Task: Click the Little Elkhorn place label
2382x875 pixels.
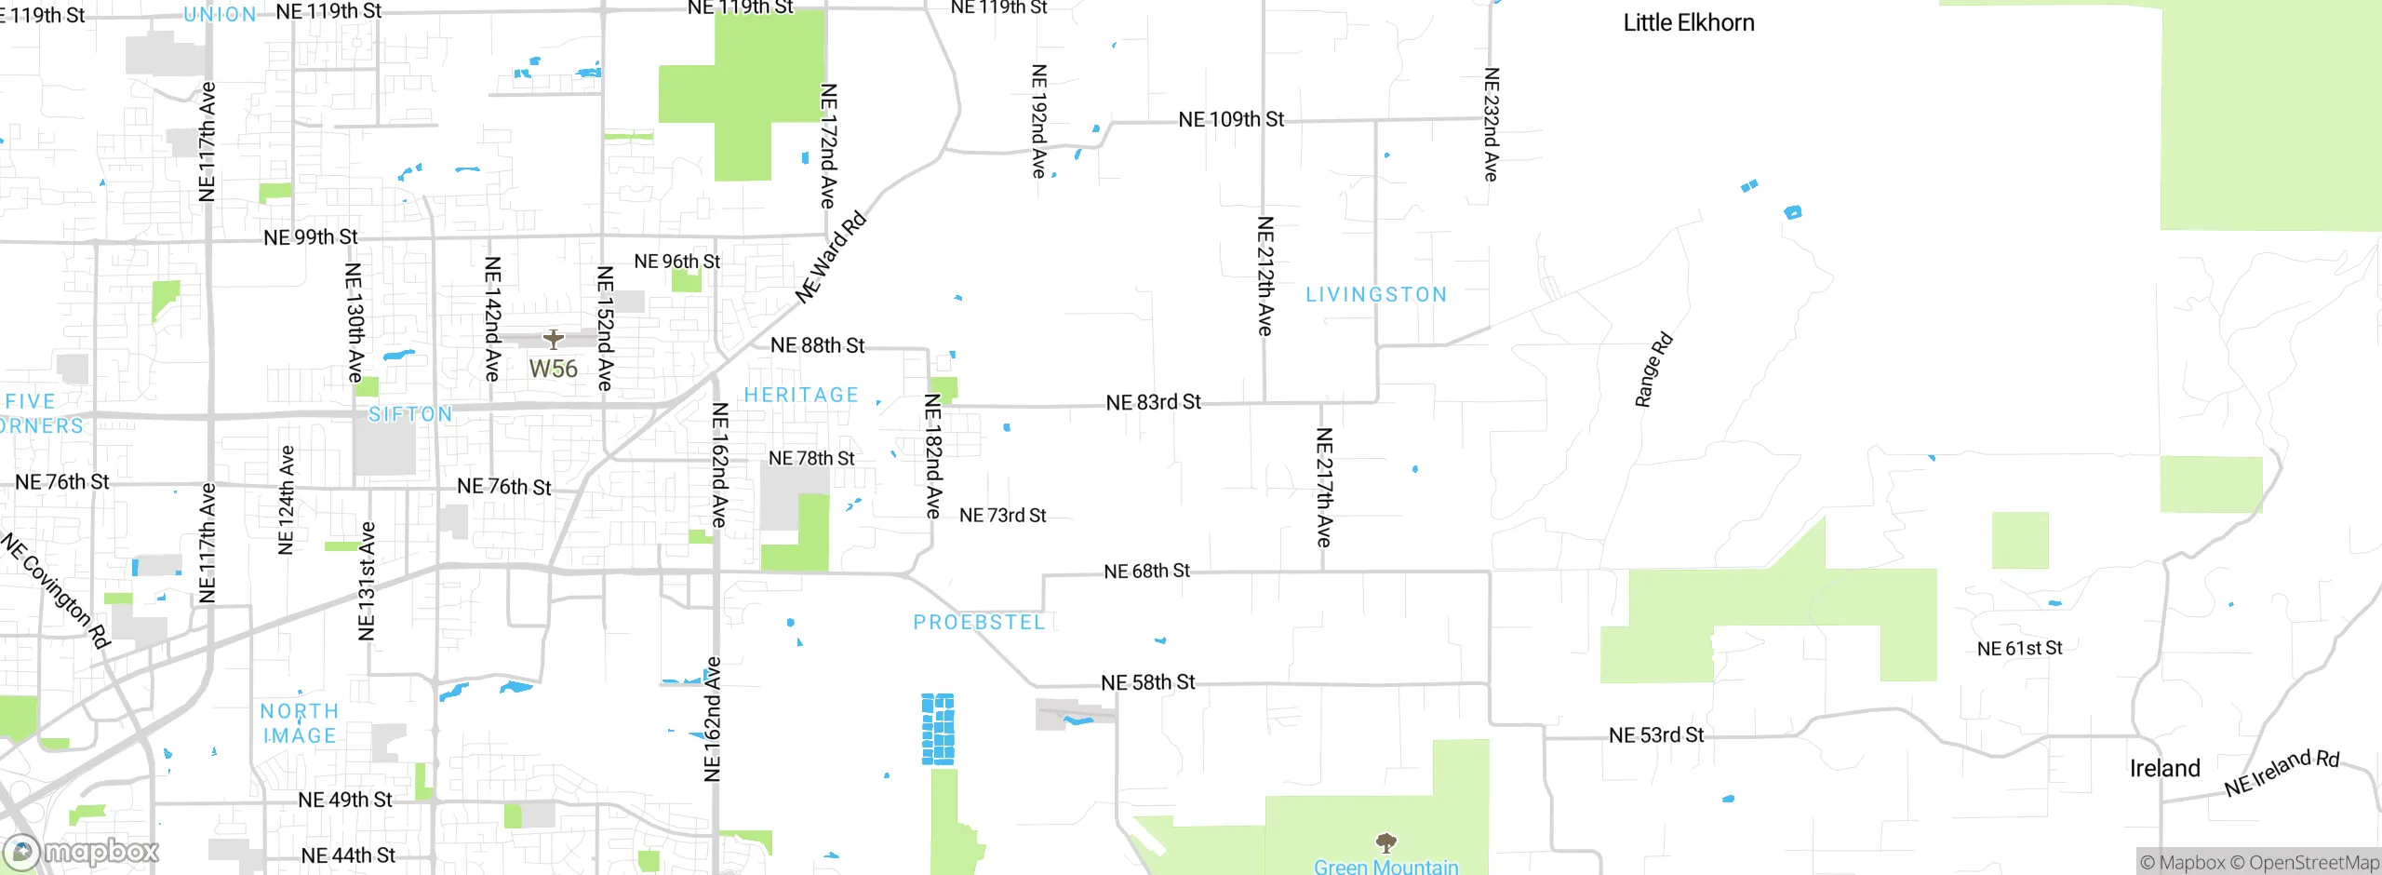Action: tap(1689, 23)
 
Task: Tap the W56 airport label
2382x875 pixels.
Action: tap(554, 370)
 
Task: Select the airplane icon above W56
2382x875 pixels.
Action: tap(554, 339)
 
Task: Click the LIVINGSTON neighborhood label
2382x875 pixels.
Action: tap(1376, 295)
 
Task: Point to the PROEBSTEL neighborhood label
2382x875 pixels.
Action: tap(979, 623)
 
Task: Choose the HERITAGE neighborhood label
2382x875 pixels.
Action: tap(801, 396)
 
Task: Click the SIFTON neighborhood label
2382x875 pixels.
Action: tap(410, 414)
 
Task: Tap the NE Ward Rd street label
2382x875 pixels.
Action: tap(831, 259)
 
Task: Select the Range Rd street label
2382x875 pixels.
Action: tap(1653, 370)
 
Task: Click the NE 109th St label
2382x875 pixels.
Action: tap(1231, 120)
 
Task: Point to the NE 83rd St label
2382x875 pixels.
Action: tap(1153, 403)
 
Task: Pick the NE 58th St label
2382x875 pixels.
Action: tap(1147, 683)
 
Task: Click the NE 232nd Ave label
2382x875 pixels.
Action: tap(1491, 124)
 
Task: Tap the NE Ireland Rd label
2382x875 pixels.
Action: tap(2282, 773)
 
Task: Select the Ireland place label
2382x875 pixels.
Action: tap(2164, 769)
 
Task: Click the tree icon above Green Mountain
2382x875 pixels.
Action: tap(1386, 843)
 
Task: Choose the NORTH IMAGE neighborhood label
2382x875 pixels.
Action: tap(299, 723)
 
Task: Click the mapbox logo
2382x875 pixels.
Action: tap(81, 852)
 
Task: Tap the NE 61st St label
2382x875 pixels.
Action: tap(2019, 649)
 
